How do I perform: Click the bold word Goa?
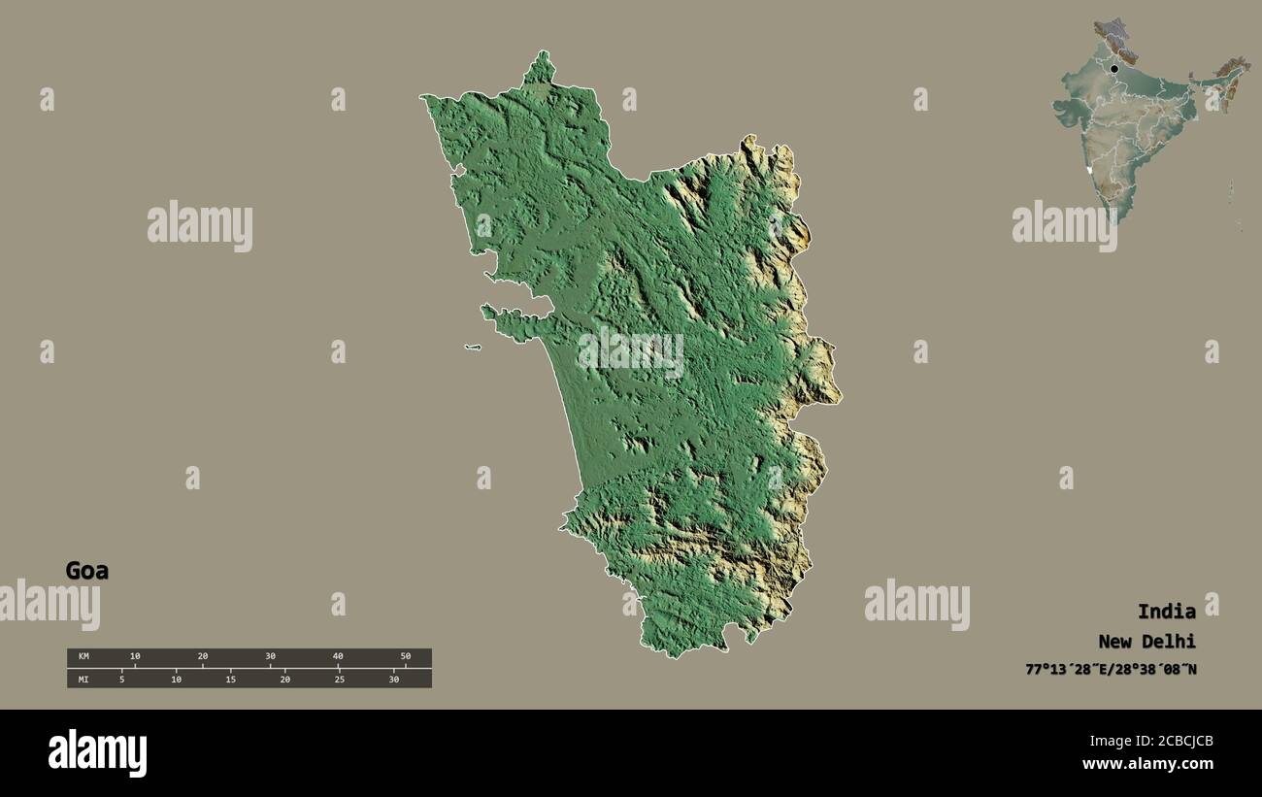coord(86,571)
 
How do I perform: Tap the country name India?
coord(1166,612)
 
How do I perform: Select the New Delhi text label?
coord(1146,642)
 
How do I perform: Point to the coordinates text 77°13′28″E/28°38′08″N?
coord(1111,670)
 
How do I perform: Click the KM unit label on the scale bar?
coord(83,657)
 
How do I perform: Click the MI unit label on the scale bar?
coord(83,679)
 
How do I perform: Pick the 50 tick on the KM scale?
coord(405,657)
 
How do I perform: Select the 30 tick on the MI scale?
coord(393,679)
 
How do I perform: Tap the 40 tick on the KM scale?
coord(338,657)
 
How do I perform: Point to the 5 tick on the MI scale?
coord(121,679)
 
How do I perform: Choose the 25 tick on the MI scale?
coord(339,679)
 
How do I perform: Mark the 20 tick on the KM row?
coord(202,657)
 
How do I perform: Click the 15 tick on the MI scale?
coord(230,679)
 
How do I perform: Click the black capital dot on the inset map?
coord(1114,69)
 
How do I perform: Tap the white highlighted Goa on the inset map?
coord(1092,171)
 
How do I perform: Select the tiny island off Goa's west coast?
coord(473,348)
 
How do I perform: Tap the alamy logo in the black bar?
coord(97,752)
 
